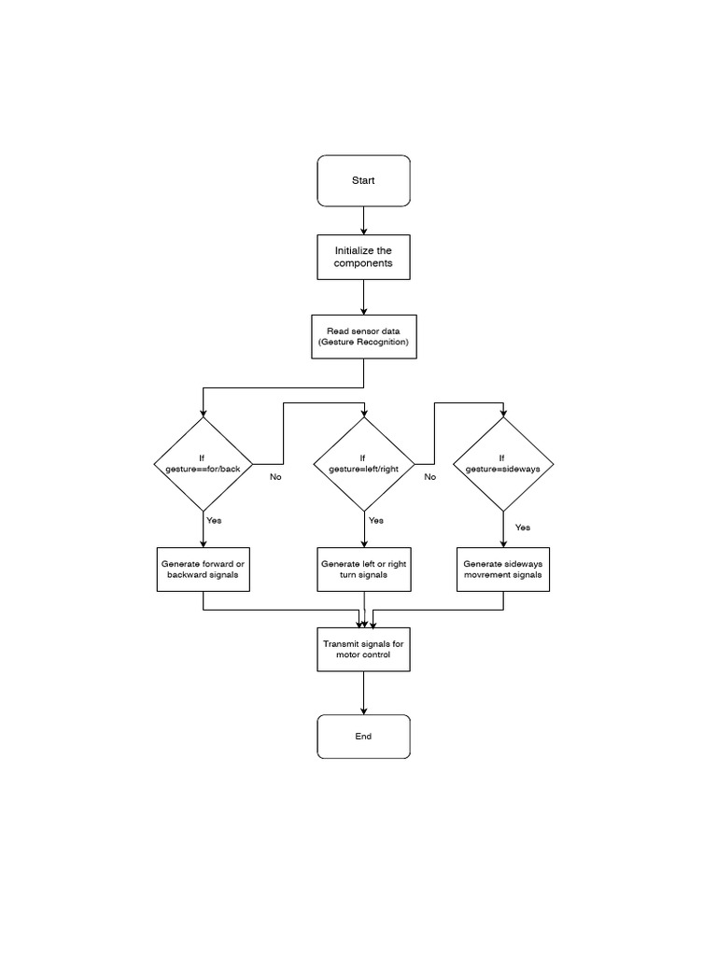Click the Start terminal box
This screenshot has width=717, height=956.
363,180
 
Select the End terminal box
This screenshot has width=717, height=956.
363,737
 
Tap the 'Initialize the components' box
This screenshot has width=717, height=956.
363,257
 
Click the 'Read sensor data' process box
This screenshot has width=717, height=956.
363,337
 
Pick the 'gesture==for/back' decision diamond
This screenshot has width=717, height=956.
203,463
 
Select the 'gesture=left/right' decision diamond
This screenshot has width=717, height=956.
363,463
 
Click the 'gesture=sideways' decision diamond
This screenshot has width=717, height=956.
503,463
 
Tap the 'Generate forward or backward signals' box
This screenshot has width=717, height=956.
203,569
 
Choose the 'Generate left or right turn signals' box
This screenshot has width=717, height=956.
363,569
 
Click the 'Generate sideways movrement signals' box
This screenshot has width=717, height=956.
503,569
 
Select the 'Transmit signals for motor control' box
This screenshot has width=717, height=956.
363,650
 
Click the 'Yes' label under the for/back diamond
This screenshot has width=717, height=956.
214,519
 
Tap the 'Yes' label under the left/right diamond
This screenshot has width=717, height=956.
376,520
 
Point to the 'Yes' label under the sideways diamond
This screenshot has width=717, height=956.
523,527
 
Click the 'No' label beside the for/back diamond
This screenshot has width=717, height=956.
275,477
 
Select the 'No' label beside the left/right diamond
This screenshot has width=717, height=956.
429,477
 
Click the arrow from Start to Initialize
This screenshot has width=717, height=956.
363,220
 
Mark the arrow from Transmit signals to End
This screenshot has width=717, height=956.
363,693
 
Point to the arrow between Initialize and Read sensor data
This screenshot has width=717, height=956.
363,297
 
